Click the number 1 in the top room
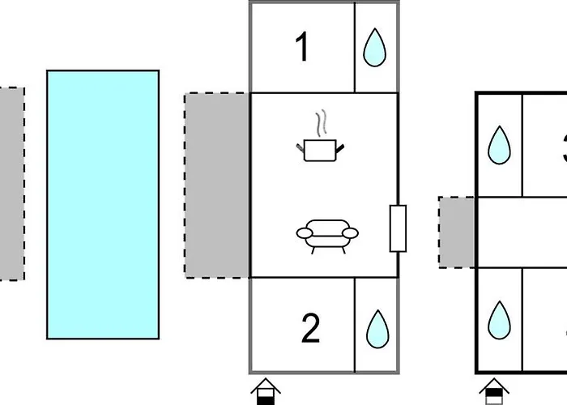[x=302, y=48]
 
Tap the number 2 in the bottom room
[x=310, y=328]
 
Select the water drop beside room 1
[x=374, y=48]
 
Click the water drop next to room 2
[x=377, y=328]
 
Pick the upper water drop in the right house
[x=499, y=147]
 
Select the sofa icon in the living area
[x=327, y=234]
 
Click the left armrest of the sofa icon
[x=305, y=233]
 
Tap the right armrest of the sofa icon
[x=349, y=233]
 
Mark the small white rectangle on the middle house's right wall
[x=398, y=228]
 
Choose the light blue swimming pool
[x=102, y=203]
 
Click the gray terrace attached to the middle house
[x=217, y=185]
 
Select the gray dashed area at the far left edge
[x=11, y=184]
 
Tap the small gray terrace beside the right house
[x=457, y=232]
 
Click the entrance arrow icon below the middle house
[x=266, y=390]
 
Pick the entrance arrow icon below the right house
[x=492, y=390]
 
